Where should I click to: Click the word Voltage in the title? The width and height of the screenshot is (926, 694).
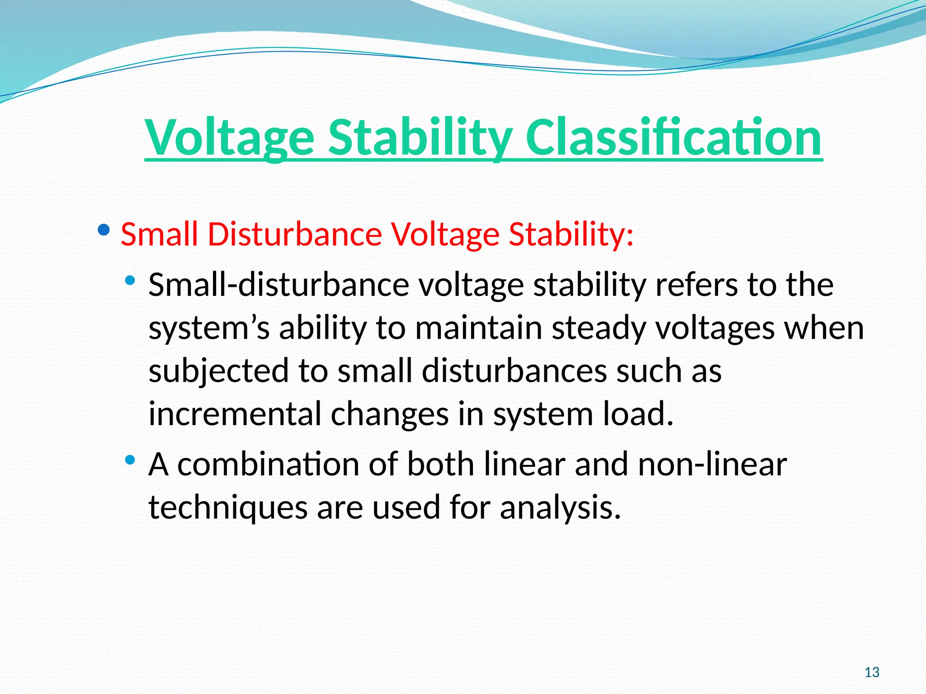[229, 137]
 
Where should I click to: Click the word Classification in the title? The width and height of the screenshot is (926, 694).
[673, 137]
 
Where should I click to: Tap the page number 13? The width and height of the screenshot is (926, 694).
[872, 672]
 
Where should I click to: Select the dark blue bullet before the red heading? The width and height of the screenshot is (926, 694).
[104, 231]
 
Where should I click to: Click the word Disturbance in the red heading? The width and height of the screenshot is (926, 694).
[295, 234]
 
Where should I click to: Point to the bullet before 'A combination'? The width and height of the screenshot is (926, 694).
[130, 460]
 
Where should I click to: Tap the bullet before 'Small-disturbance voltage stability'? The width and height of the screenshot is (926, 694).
[130, 281]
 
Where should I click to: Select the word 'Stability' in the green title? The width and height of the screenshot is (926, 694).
[420, 137]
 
